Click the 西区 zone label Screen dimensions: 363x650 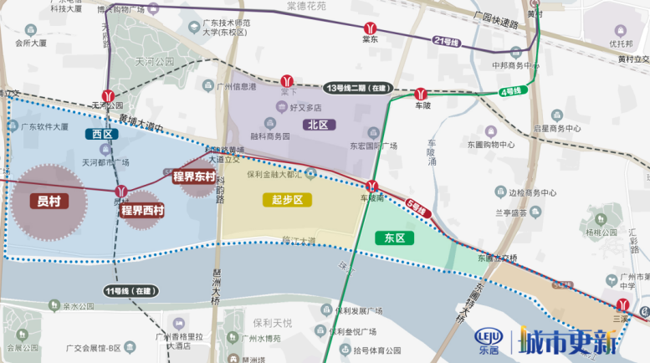(102, 133)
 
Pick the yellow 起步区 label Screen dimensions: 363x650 (286, 200)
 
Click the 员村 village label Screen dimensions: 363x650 (49, 202)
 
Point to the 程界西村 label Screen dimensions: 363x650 (142, 210)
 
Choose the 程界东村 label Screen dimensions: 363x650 (194, 176)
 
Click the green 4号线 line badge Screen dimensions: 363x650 (510, 90)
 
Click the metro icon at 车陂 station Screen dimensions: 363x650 (422, 93)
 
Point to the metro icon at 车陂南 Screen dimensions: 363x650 (372, 186)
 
